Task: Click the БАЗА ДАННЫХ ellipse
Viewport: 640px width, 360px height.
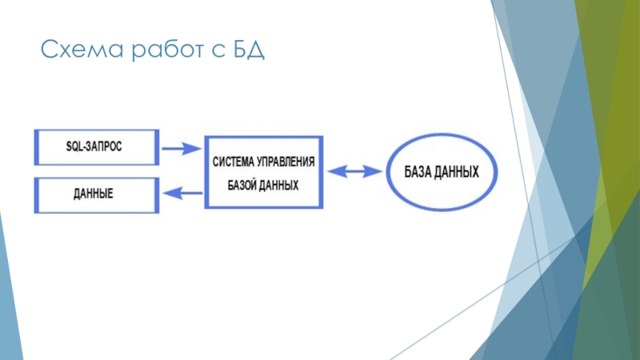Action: (443, 172)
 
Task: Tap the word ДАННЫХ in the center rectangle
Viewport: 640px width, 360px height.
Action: (281, 184)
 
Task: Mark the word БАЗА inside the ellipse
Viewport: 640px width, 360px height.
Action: (419, 172)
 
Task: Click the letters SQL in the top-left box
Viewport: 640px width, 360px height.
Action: (74, 147)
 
